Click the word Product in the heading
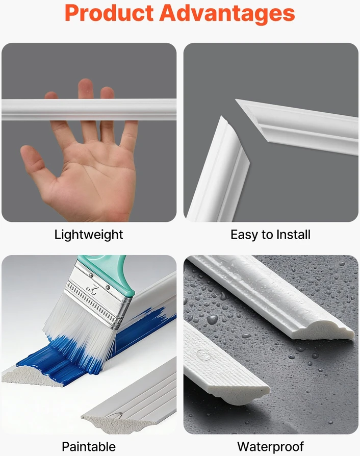point(109,13)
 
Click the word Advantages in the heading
point(227,14)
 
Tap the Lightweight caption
point(89,235)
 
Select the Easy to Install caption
point(270,235)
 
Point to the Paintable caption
point(89,446)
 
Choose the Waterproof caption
point(270,447)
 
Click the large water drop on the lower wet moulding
point(203,355)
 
